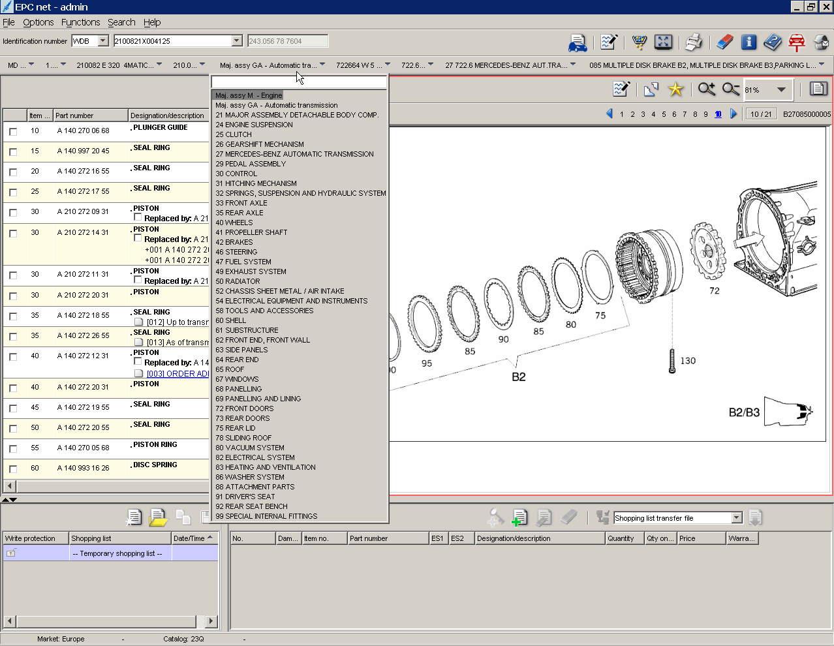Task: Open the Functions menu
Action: [80, 22]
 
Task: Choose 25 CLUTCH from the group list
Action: [234, 134]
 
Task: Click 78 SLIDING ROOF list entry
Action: [243, 438]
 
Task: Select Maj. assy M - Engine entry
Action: [249, 95]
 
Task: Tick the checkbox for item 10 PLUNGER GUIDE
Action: [13, 132]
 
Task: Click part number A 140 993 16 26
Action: [83, 468]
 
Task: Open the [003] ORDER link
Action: [177, 374]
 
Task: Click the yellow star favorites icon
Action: [675, 89]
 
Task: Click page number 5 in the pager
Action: [664, 114]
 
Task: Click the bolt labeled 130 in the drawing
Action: [672, 361]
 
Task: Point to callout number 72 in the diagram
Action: [715, 291]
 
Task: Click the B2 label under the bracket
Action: [519, 377]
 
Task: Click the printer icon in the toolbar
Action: [693, 42]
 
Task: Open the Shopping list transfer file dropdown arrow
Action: [737, 518]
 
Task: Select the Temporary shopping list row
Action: [117, 553]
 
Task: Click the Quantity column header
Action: [621, 538]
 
